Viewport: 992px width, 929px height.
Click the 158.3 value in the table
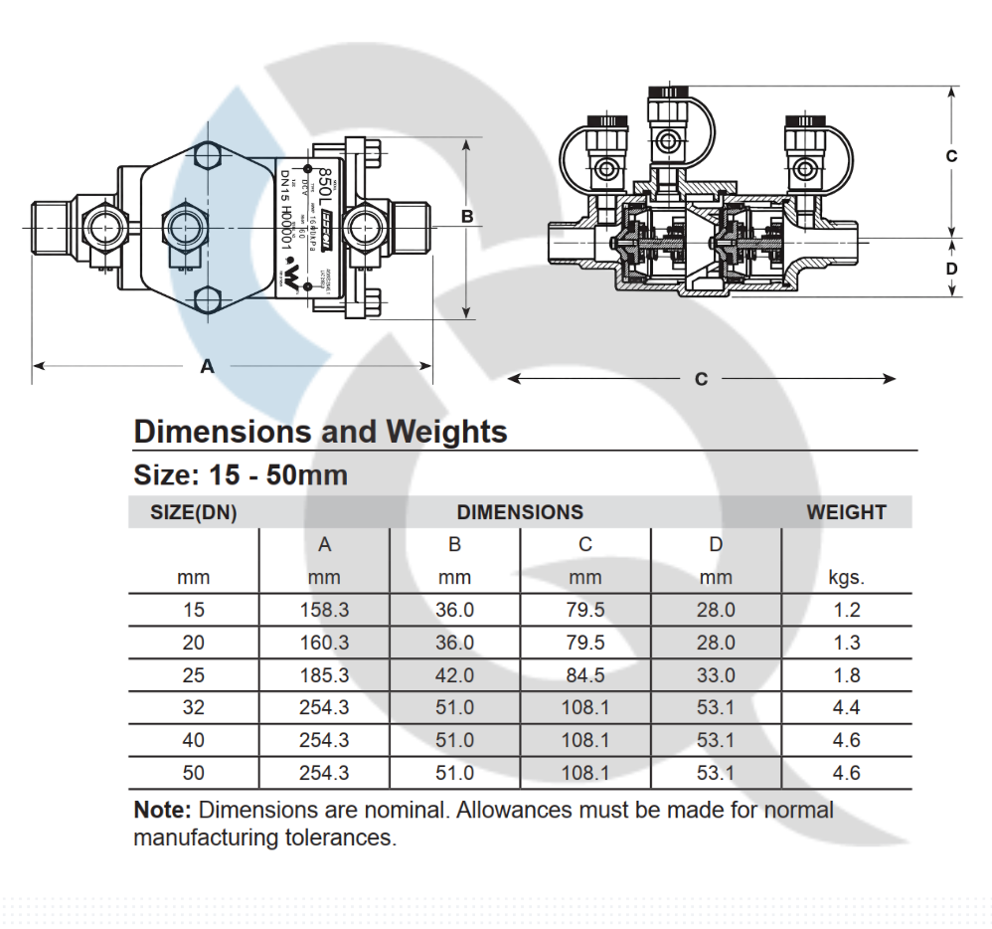(324, 610)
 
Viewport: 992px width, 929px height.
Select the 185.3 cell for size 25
(324, 675)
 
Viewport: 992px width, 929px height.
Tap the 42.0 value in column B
(454, 675)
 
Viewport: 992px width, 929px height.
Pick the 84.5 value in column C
(585, 675)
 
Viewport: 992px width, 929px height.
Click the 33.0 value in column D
(716, 675)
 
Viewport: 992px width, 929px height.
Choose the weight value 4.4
(846, 708)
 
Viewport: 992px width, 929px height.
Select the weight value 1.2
(846, 610)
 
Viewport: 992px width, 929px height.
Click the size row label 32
(193, 708)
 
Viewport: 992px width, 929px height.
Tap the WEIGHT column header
(846, 512)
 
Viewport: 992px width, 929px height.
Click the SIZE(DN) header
(193, 512)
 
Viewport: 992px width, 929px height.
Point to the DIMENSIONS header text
(520, 512)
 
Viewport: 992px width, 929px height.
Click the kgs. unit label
(846, 578)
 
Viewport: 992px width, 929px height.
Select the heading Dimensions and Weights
(320, 432)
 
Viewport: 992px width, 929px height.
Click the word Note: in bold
(162, 810)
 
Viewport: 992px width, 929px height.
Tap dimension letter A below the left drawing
(207, 366)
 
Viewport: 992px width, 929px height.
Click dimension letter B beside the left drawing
(466, 216)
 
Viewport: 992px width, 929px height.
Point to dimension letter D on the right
(951, 269)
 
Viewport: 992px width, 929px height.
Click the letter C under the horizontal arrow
(701, 379)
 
